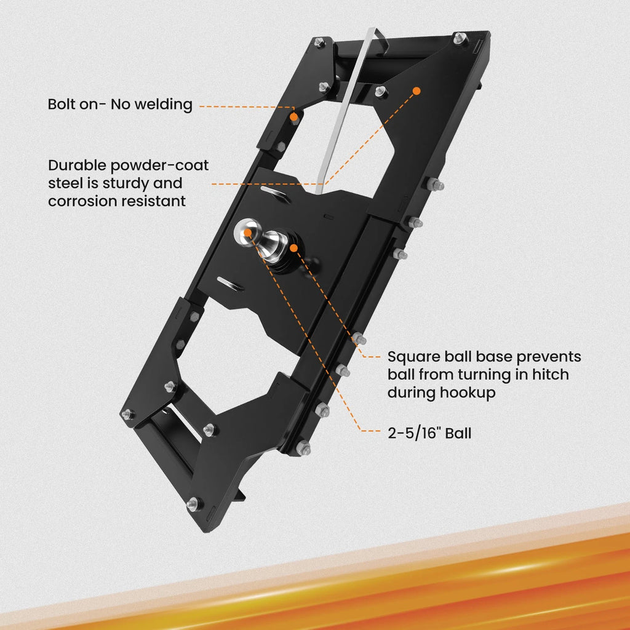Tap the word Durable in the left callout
(77, 165)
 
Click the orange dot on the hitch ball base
(293, 248)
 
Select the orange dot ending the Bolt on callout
(294, 117)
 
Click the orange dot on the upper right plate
(417, 91)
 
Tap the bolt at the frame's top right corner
(460, 38)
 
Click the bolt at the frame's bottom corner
(193, 503)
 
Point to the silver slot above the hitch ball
(275, 194)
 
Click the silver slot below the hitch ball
(230, 283)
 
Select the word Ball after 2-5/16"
(458, 433)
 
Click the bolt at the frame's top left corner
(319, 42)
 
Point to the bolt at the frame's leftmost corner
(128, 414)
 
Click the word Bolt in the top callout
(62, 105)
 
